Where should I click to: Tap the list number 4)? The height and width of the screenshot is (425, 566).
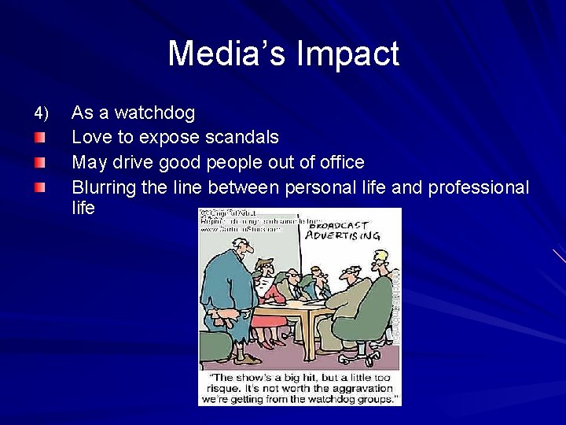(41, 113)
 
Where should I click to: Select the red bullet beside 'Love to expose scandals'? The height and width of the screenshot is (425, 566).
(39, 139)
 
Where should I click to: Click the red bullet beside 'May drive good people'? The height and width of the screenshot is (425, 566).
(39, 163)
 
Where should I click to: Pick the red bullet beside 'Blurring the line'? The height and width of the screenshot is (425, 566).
(39, 187)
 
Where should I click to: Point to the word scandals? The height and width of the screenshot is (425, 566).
(241, 138)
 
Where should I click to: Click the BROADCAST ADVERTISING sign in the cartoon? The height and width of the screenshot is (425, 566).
(342, 229)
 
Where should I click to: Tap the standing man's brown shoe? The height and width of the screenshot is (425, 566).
(250, 360)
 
